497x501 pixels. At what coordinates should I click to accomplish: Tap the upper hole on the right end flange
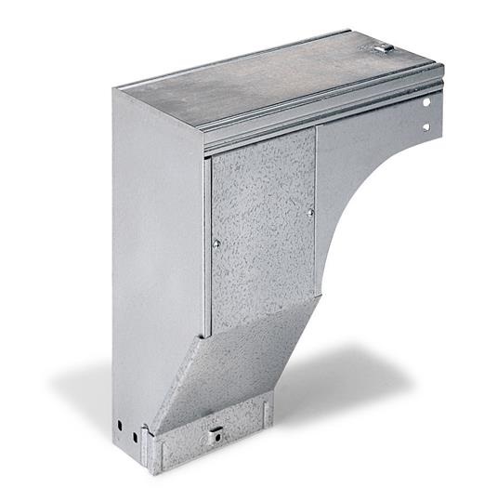(427, 102)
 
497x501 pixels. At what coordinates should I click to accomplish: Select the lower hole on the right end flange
(427, 127)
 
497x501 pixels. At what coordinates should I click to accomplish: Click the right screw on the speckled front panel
(310, 212)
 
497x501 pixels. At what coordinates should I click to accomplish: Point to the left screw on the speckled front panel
(216, 244)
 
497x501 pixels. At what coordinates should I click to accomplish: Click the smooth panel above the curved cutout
(362, 149)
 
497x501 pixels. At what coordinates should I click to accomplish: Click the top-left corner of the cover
(115, 89)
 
